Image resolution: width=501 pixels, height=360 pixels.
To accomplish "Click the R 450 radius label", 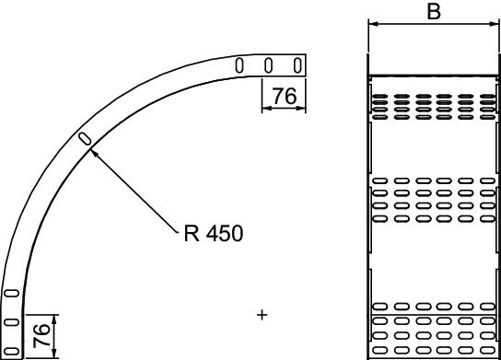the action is pos(214,233).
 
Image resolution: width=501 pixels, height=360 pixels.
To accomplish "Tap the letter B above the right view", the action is pos(434,11).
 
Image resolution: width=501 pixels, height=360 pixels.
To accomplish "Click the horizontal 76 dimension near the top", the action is pos(285,96).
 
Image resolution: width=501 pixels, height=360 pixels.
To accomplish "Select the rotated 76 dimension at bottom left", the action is pos(41,335).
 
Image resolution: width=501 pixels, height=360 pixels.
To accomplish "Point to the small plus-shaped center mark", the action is pos(262,315).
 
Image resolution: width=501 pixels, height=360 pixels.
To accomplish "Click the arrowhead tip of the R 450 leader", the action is pos(91,150).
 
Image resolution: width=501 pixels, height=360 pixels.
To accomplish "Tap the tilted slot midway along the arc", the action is pos(86,139).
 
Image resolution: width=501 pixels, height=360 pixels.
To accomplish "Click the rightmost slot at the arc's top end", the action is pos(297,65).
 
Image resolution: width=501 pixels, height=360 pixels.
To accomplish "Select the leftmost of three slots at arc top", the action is pos(239,65).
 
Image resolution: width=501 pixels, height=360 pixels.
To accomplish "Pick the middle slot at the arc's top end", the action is pos(269,65).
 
